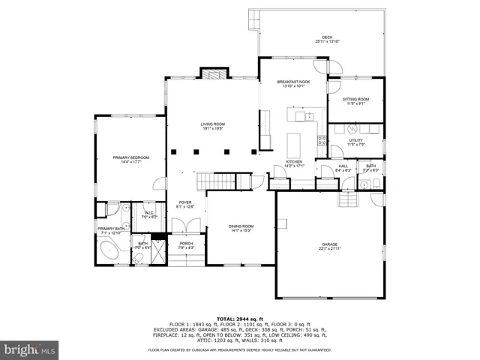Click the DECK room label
[x=327, y=38]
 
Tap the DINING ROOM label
[x=241, y=228]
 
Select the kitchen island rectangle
[x=295, y=142]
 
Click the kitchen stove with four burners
[x=322, y=139]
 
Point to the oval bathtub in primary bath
[x=110, y=250]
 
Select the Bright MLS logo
[x=30, y=349]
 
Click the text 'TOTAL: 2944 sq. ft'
[x=240, y=319]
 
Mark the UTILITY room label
[x=356, y=142]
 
